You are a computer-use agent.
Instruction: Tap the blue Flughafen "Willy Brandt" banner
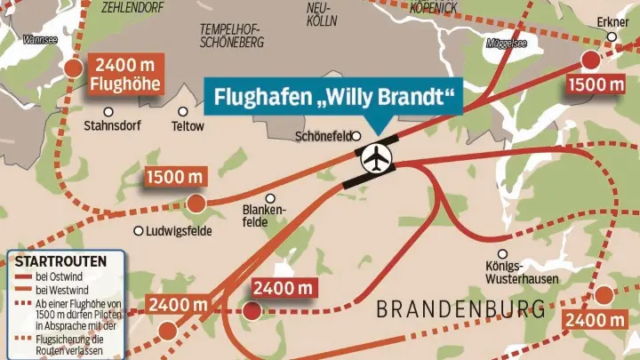coord(334,95)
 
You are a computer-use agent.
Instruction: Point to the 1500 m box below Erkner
coord(596,85)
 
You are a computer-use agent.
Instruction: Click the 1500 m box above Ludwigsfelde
coord(176,177)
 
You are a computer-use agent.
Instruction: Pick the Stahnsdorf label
coord(111,126)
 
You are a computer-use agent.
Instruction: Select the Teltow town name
coord(187,126)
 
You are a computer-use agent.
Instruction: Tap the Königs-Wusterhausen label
coord(509,273)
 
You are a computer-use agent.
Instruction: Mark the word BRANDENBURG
coord(460,309)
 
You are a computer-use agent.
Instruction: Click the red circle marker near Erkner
coord(590,60)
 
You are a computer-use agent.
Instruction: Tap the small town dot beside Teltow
coord(182,112)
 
